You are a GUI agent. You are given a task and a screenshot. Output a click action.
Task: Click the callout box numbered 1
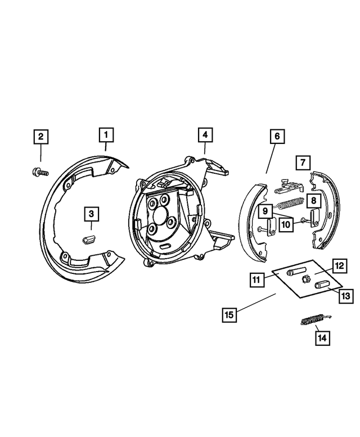click(x=106, y=135)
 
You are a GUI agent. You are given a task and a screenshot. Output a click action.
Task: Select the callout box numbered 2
click(x=40, y=136)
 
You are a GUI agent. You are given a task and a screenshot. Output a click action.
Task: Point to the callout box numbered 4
click(x=205, y=135)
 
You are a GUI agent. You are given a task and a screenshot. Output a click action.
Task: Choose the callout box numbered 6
click(x=277, y=136)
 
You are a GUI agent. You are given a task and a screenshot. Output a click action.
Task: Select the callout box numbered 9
click(x=265, y=211)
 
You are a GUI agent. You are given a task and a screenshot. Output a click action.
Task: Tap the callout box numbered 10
click(x=286, y=224)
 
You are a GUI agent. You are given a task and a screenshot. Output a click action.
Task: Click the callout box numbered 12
click(x=339, y=265)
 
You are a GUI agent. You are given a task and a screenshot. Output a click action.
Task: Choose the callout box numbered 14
click(x=322, y=338)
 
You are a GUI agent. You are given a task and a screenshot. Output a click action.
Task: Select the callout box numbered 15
click(x=229, y=314)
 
